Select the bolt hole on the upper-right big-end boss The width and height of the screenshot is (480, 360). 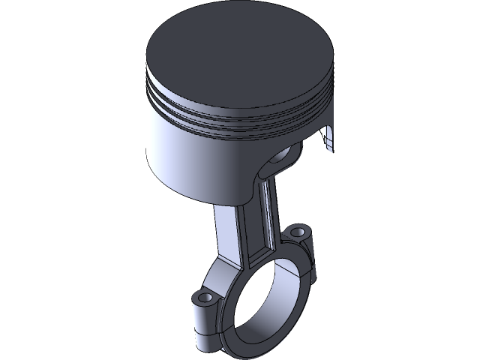(x=301, y=228)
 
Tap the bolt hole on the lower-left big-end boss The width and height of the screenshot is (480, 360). (x=204, y=298)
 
